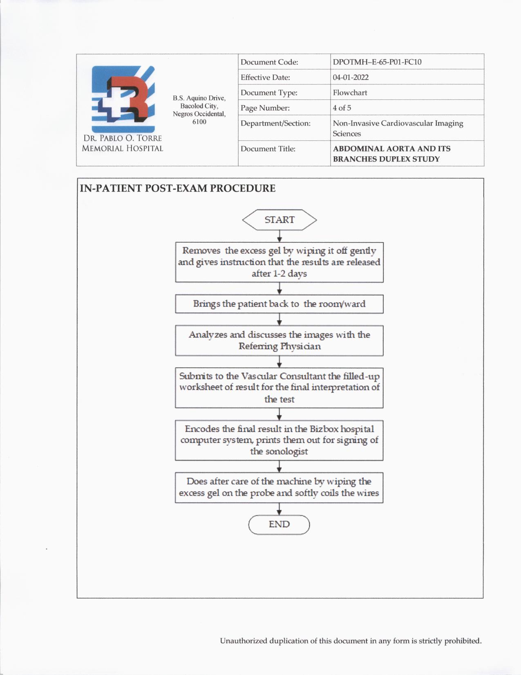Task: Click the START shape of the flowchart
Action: point(280,220)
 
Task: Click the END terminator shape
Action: point(279,524)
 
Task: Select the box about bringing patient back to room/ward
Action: point(279,304)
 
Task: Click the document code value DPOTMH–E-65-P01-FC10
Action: point(377,62)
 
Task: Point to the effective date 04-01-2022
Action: point(351,77)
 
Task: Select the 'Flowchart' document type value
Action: point(350,92)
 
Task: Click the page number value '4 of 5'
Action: point(342,108)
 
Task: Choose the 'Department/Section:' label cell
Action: point(275,123)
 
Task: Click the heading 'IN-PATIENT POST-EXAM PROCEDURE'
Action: point(178,189)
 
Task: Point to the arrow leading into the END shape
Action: point(279,509)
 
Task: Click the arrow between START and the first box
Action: point(280,236)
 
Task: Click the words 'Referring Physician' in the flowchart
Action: point(280,346)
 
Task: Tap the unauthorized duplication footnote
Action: point(351,641)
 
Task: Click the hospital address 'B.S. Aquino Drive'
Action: point(199,98)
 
